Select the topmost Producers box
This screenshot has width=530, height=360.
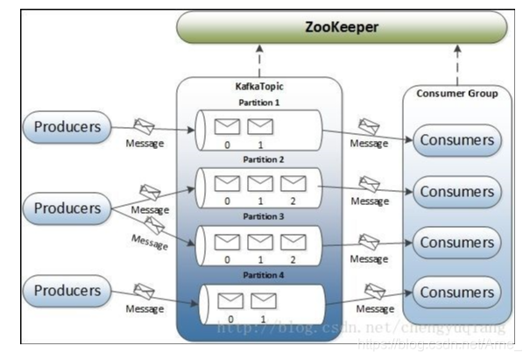click(x=67, y=128)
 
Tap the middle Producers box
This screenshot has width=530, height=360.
click(x=67, y=208)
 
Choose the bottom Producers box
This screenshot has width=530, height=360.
click(x=67, y=288)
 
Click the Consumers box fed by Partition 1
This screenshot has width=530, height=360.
click(x=456, y=140)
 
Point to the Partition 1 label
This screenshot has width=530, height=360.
click(x=259, y=102)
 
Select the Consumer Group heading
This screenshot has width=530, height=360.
click(x=457, y=94)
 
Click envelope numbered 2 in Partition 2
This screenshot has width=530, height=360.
click(x=293, y=183)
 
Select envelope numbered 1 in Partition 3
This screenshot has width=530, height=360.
click(x=259, y=240)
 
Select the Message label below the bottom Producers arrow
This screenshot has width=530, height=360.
click(x=145, y=309)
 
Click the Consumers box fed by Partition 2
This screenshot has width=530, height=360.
click(x=456, y=191)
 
